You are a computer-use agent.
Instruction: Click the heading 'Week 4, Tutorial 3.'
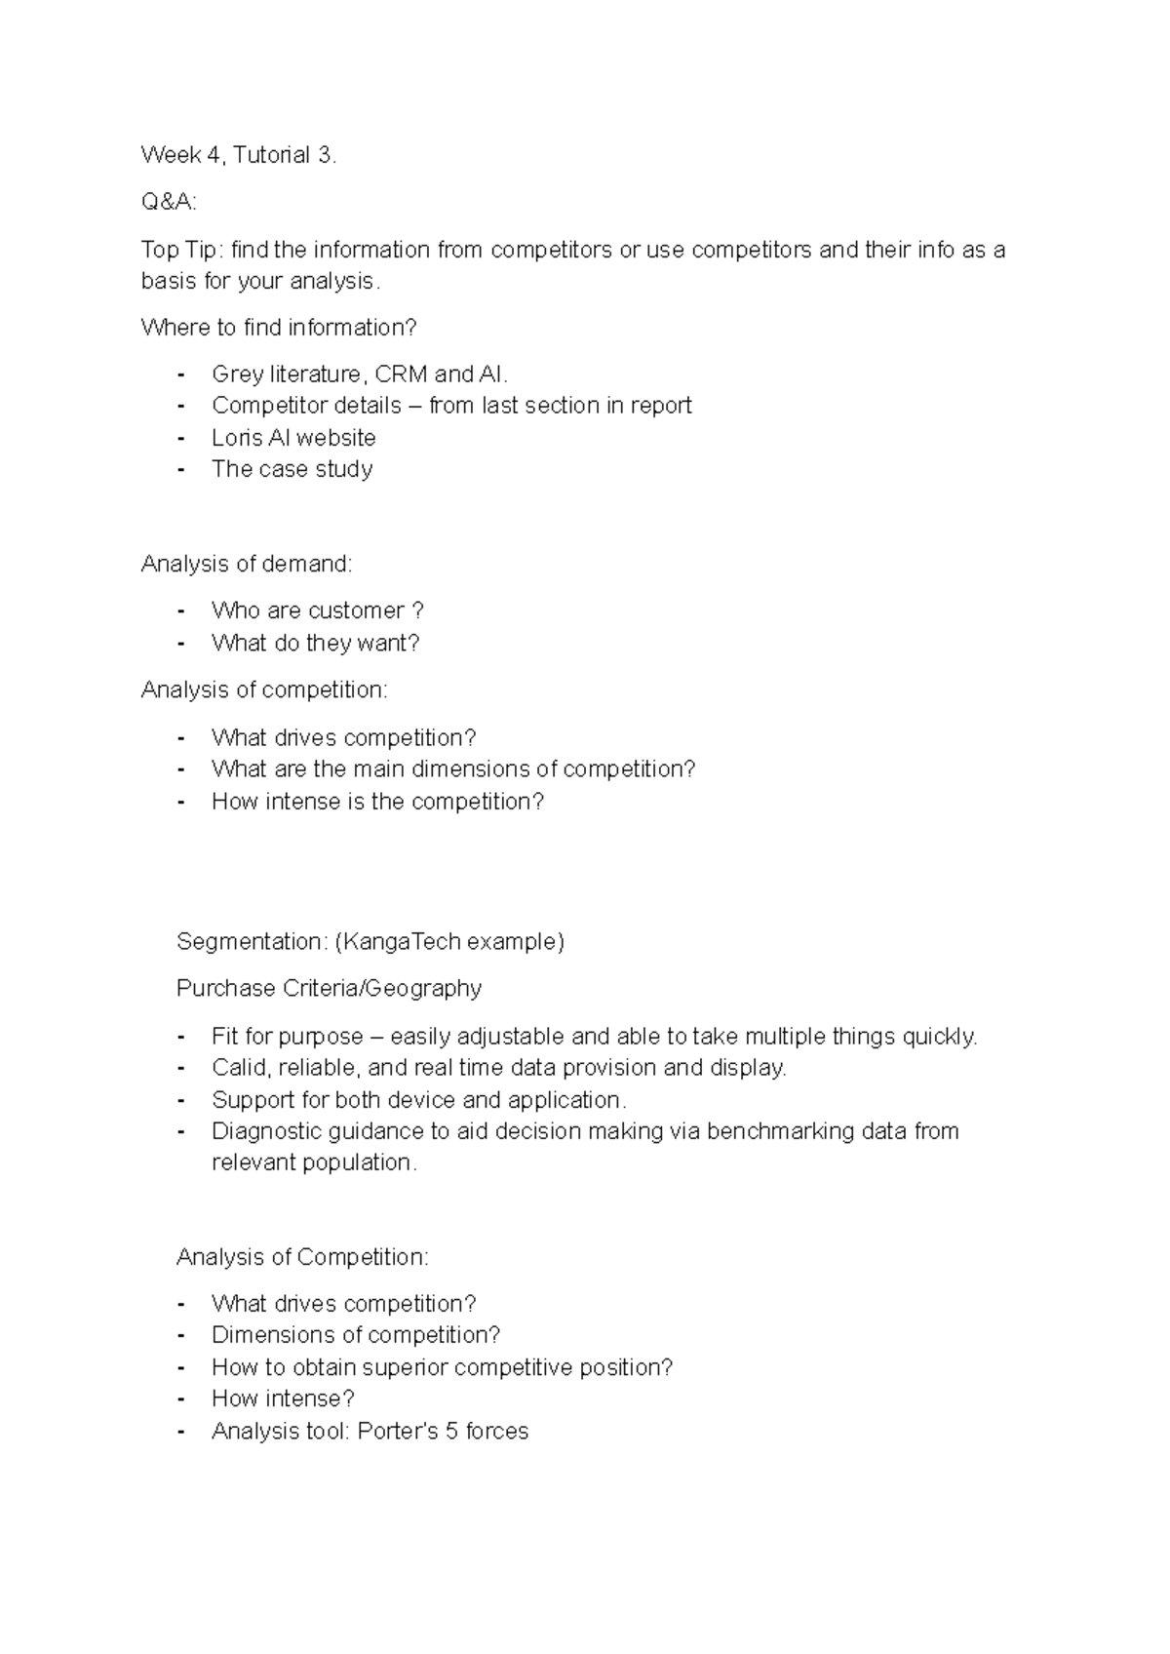click(x=239, y=155)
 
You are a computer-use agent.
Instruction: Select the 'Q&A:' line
click(x=169, y=202)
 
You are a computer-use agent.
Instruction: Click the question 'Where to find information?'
click(x=279, y=328)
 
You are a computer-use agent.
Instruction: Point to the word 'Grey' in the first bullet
click(x=237, y=374)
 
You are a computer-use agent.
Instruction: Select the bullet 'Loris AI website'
click(x=293, y=438)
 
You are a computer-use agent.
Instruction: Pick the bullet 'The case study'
click(x=292, y=469)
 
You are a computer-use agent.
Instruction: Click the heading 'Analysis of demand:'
click(x=247, y=564)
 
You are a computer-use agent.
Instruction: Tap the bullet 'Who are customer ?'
click(x=318, y=611)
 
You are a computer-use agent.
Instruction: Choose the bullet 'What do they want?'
click(x=316, y=644)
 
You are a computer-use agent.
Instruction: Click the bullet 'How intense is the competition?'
click(x=377, y=802)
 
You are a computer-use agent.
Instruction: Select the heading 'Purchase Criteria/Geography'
click(x=329, y=989)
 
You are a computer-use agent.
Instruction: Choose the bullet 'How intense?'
click(x=283, y=1399)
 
